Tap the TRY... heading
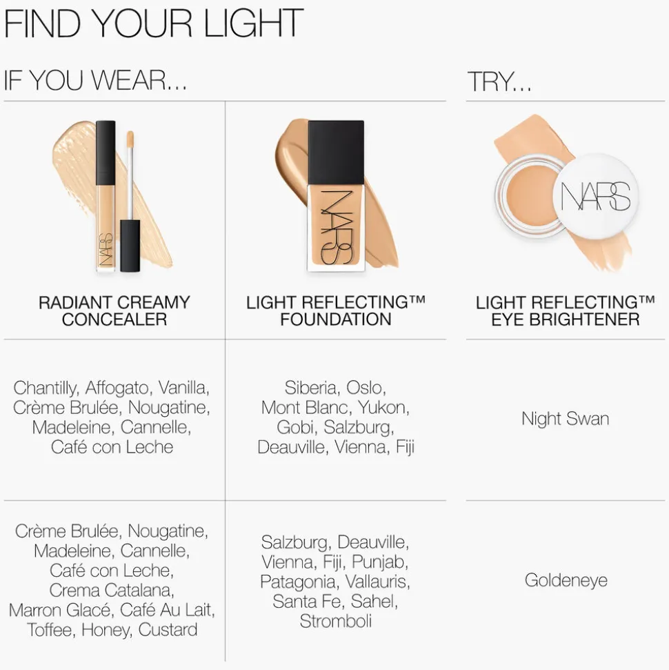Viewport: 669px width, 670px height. pos(499,81)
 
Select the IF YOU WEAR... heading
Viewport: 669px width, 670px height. pos(95,80)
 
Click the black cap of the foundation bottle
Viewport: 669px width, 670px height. pos(336,153)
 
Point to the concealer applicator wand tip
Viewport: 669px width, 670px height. pos(130,137)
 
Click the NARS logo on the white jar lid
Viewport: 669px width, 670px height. pos(595,197)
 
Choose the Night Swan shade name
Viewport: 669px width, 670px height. pos(565,419)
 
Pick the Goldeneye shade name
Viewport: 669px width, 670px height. pos(566,580)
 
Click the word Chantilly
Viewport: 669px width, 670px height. pos(46,388)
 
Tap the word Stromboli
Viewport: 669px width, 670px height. pos(336,621)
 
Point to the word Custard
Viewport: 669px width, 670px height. pos(168,629)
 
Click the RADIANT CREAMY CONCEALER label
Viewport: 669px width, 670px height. pos(114,311)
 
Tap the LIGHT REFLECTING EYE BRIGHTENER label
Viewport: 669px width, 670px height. pos(565,311)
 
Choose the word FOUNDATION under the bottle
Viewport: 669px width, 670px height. pos(336,319)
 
